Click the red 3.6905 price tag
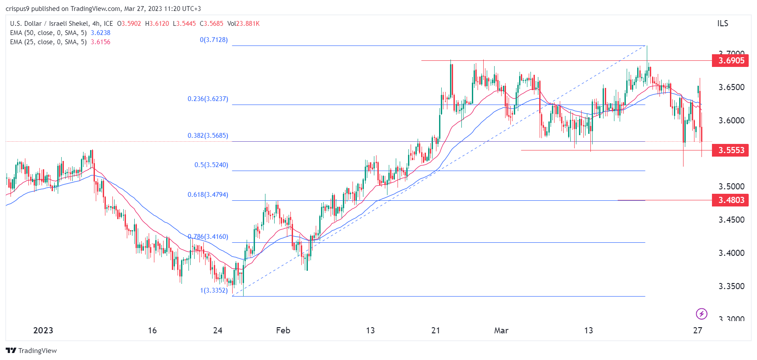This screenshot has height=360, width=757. (730, 60)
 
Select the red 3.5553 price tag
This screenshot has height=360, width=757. (730, 150)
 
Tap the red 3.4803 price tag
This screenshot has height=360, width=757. (730, 200)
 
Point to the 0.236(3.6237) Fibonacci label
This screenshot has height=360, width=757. (208, 99)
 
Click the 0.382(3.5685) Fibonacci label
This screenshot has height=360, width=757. (208, 136)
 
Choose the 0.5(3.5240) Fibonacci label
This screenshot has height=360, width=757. (211, 165)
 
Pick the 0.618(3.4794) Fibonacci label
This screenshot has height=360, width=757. (208, 195)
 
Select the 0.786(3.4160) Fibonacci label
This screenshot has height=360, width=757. (208, 237)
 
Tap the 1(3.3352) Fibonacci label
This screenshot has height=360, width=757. (214, 290)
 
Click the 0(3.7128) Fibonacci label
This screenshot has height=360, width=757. (214, 40)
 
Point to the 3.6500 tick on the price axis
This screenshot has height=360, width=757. (731, 87)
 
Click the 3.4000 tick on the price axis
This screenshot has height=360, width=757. (731, 253)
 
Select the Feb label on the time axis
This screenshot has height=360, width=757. (283, 330)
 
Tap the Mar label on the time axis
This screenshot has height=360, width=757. (501, 330)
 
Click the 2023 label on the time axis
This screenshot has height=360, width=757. (43, 330)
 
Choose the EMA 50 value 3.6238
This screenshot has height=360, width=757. (101, 33)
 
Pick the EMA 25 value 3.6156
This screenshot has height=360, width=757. (101, 42)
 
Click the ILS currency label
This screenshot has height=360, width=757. (722, 24)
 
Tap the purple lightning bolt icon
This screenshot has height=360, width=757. (701, 314)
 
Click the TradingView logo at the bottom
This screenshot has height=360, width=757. (31, 350)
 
